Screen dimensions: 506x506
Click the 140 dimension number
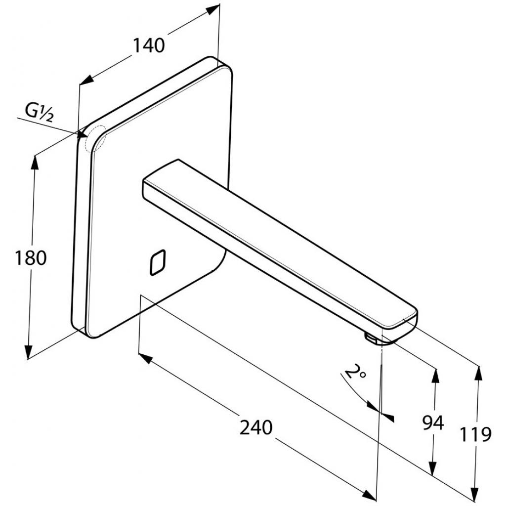[148, 45]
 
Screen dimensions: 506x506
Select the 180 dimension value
[31, 257]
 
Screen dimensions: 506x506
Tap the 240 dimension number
[256, 427]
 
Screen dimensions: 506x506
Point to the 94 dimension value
[433, 422]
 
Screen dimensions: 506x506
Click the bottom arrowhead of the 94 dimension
[433, 470]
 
